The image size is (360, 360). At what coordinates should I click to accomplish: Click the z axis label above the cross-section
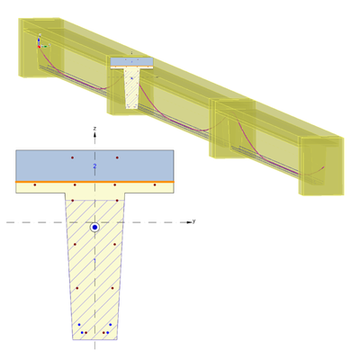(95, 130)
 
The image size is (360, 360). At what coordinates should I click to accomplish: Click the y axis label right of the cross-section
(193, 220)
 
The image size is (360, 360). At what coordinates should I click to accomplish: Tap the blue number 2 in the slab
(94, 166)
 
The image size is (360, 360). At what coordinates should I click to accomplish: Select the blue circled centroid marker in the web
(94, 228)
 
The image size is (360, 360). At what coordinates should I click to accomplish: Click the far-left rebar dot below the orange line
(34, 185)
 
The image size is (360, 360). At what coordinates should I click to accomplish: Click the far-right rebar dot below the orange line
(155, 185)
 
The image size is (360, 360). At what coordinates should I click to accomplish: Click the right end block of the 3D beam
(319, 162)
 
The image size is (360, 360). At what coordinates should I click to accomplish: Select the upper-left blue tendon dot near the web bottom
(79, 323)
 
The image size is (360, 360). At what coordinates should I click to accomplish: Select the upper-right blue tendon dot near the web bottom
(111, 323)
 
